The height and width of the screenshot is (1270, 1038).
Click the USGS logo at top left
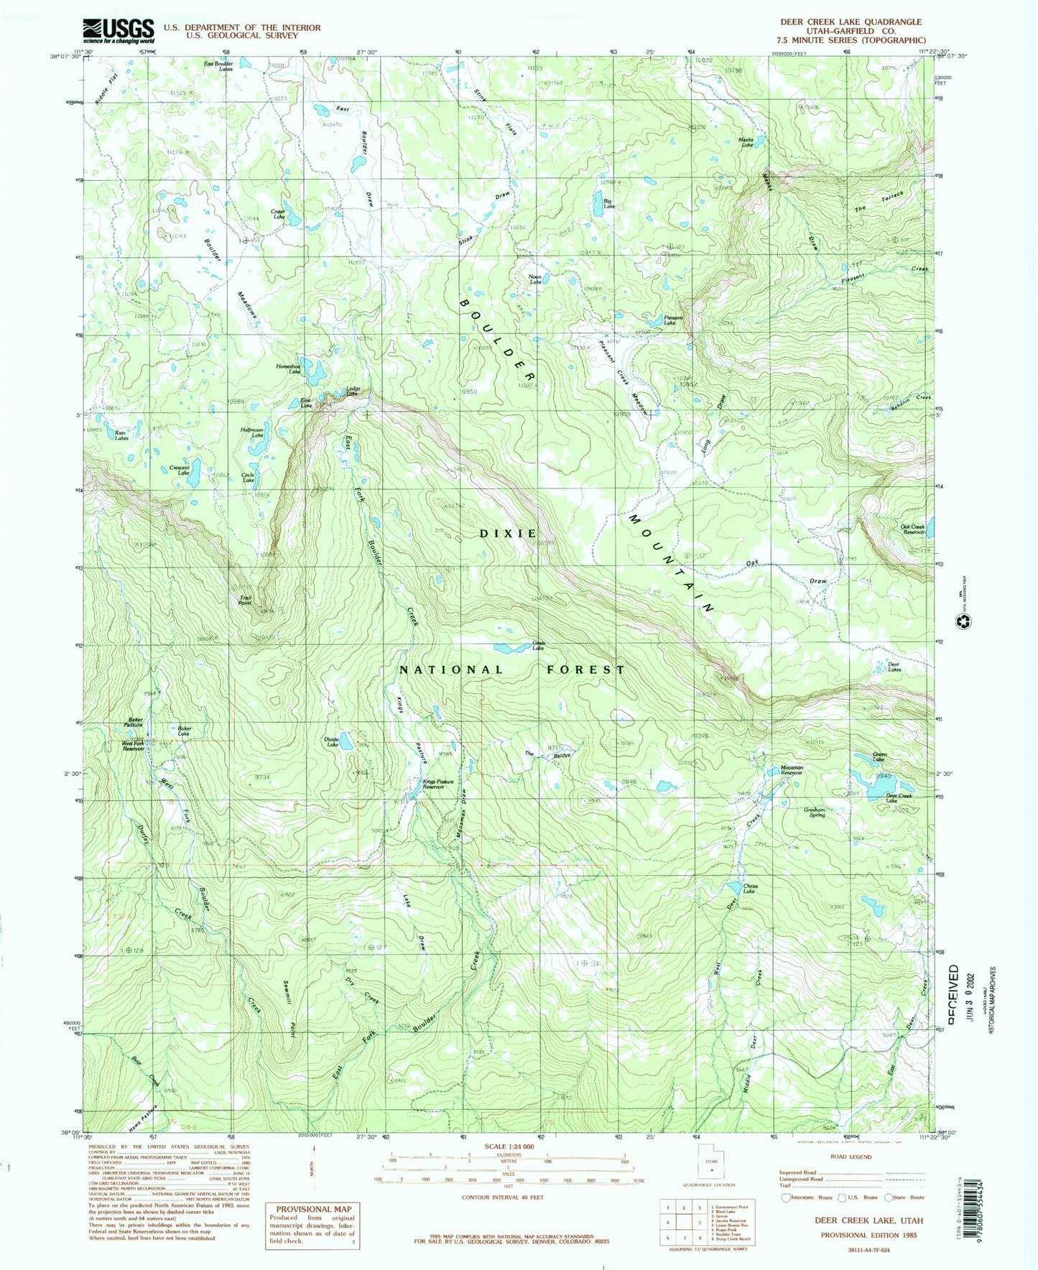pyautogui.click(x=119, y=30)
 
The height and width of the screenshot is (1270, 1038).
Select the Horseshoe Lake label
pyautogui.click(x=288, y=369)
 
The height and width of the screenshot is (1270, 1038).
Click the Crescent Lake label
pyautogui.click(x=179, y=471)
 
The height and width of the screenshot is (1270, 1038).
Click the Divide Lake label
pyautogui.click(x=331, y=743)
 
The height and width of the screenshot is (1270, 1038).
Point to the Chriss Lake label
pyautogui.click(x=750, y=888)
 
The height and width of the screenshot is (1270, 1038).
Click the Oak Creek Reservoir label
pyautogui.click(x=912, y=529)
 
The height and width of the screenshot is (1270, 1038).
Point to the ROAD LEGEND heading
pyautogui.click(x=850, y=1177)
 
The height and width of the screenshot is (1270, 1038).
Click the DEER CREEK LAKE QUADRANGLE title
pyautogui.click(x=855, y=22)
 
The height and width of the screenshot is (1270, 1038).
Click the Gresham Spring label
pyautogui.click(x=815, y=812)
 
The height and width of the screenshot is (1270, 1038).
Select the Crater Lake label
pyautogui.click(x=277, y=213)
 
